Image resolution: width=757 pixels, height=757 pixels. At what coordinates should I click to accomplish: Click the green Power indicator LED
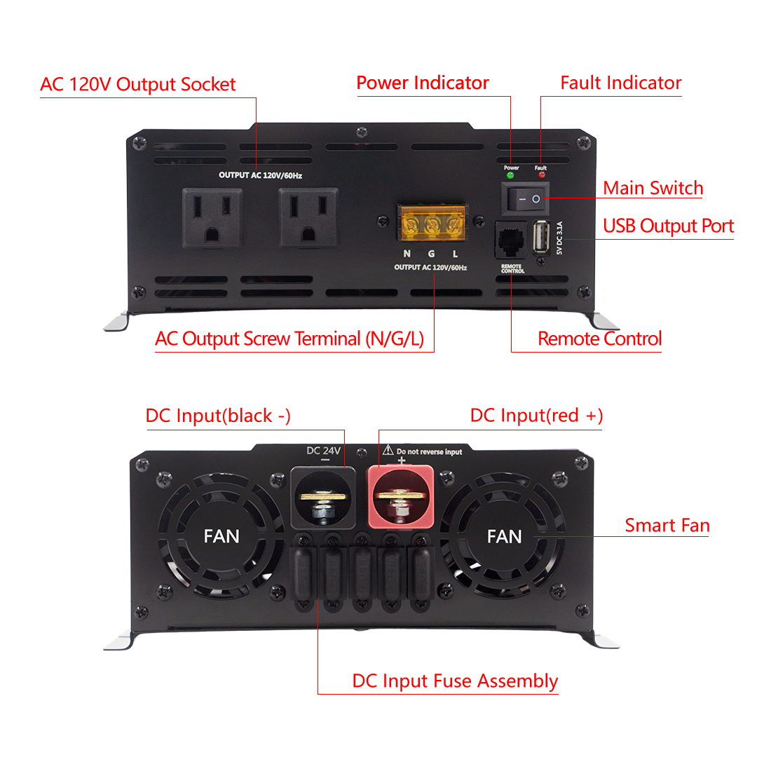click(x=510, y=175)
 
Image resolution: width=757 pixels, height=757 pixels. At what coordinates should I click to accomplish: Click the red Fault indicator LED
click(x=541, y=175)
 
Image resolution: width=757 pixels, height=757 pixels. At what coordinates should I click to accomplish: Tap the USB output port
click(x=542, y=239)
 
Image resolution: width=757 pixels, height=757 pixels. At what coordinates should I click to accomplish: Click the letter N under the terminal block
click(x=407, y=254)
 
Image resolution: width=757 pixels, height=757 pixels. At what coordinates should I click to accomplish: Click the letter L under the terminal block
click(x=455, y=254)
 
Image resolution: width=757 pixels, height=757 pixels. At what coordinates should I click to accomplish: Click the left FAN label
click(x=221, y=536)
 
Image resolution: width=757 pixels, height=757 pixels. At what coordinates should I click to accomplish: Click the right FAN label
click(x=504, y=536)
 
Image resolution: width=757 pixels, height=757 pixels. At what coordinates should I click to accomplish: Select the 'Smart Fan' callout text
click(x=667, y=525)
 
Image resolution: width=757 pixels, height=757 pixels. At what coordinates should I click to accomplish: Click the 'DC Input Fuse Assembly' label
click(x=455, y=681)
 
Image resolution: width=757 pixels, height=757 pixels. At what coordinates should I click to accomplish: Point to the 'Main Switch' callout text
click(x=653, y=188)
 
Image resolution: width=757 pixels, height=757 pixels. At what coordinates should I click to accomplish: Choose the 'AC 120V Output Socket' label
click(x=138, y=85)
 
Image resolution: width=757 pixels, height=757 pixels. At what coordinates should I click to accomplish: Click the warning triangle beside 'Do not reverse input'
click(x=387, y=451)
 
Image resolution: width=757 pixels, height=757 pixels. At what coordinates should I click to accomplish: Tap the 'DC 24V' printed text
click(x=323, y=450)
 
